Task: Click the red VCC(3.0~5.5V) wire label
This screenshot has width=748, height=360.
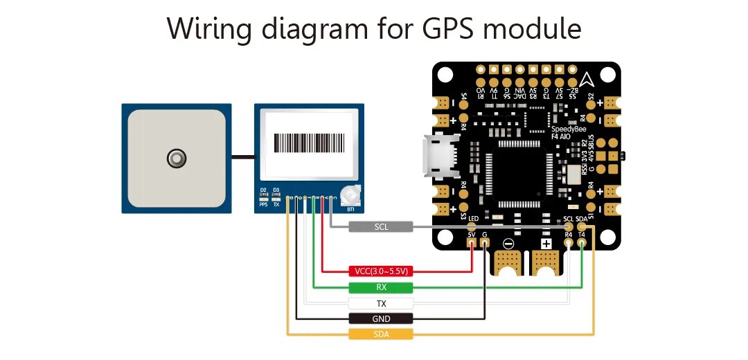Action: point(381,271)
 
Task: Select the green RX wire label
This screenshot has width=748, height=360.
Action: point(381,287)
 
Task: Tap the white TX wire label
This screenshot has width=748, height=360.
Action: point(381,303)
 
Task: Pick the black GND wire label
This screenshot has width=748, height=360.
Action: point(381,318)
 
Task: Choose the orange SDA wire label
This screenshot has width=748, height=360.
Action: point(381,334)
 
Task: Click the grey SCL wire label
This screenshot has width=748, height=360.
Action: point(381,226)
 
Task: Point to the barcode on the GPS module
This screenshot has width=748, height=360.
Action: point(309,143)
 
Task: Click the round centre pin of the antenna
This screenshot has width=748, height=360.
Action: point(177,159)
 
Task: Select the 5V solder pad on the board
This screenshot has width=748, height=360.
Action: point(472,243)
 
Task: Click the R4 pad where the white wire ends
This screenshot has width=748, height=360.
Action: point(569,243)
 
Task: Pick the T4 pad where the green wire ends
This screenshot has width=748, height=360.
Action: point(582,243)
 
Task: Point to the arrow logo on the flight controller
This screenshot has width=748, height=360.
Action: point(586,78)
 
